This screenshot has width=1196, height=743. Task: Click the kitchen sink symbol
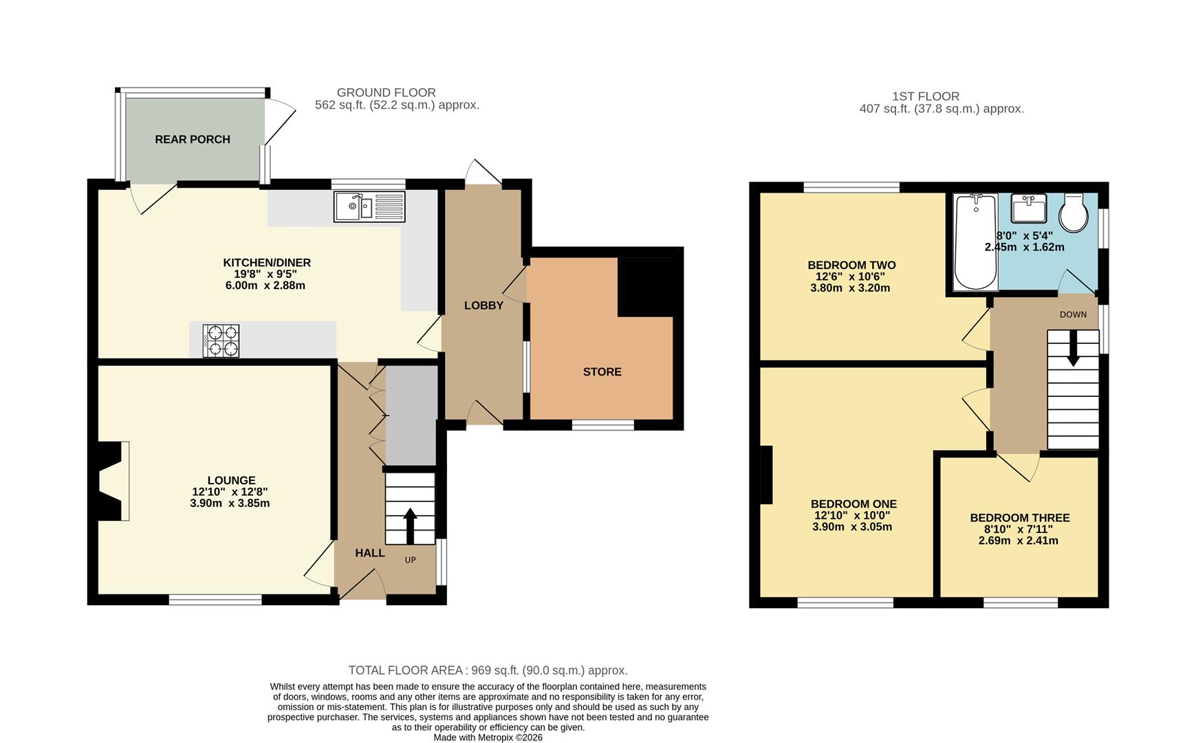[369, 206]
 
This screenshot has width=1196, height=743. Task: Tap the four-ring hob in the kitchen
[221, 341]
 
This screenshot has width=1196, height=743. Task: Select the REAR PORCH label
[193, 139]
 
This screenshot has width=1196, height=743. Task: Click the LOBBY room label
[483, 305]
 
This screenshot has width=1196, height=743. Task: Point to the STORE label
[602, 371]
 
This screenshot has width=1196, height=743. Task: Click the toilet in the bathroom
[1074, 213]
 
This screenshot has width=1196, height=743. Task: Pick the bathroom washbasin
[1029, 208]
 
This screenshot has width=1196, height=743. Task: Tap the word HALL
[370, 553]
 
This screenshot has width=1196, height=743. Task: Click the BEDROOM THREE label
[1019, 518]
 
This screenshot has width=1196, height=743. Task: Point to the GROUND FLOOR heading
[386, 93]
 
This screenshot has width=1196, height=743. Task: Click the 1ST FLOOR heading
[925, 96]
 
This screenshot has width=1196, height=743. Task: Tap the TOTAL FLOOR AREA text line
[488, 670]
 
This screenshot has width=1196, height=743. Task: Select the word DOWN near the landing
[1073, 314]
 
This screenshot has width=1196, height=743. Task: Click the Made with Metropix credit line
[488, 737]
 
